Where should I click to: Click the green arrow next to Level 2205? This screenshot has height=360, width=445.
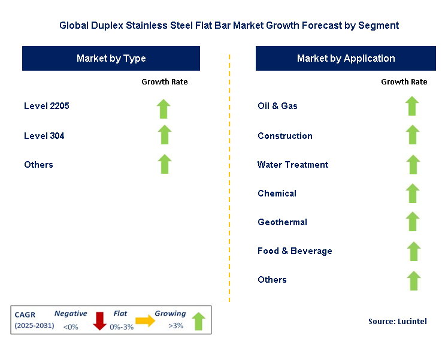164,108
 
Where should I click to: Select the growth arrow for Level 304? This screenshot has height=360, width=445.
164,135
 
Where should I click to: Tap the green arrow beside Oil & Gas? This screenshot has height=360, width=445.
411,106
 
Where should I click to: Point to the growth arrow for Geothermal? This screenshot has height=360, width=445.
411,221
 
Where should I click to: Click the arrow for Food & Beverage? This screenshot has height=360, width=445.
411,250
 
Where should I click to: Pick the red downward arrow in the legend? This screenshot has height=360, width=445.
99,322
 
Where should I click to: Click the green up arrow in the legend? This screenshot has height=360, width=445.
199,322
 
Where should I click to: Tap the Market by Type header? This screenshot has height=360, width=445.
111,59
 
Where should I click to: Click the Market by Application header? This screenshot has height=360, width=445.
346,59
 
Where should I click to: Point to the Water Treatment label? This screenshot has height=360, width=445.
293,165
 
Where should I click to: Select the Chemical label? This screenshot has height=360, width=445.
277,193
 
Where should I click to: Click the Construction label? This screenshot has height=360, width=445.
285,136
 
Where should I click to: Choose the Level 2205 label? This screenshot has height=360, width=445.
47,106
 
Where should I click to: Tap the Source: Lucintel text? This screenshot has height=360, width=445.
397,322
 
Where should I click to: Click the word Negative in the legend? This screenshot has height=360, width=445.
71,313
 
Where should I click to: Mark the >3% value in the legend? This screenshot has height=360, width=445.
175,326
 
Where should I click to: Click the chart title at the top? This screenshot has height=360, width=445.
229,26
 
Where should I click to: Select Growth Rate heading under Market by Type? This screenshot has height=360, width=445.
164,81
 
